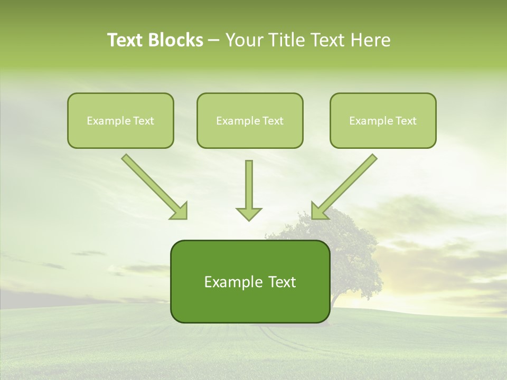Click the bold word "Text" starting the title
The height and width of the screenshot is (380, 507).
coord(127,40)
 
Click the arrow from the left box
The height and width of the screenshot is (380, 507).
coord(153,185)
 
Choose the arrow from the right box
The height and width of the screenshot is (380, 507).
coord(346,185)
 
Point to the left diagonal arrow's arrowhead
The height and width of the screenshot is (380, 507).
coord(180,212)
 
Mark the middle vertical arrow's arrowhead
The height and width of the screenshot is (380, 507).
coord(249,214)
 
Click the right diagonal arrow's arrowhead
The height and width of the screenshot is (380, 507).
coord(320,212)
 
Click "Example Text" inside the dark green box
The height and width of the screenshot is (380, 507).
coord(250,282)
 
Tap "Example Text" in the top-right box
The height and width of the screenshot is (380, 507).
coord(383,121)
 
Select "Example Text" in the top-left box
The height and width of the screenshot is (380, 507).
coord(120,121)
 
